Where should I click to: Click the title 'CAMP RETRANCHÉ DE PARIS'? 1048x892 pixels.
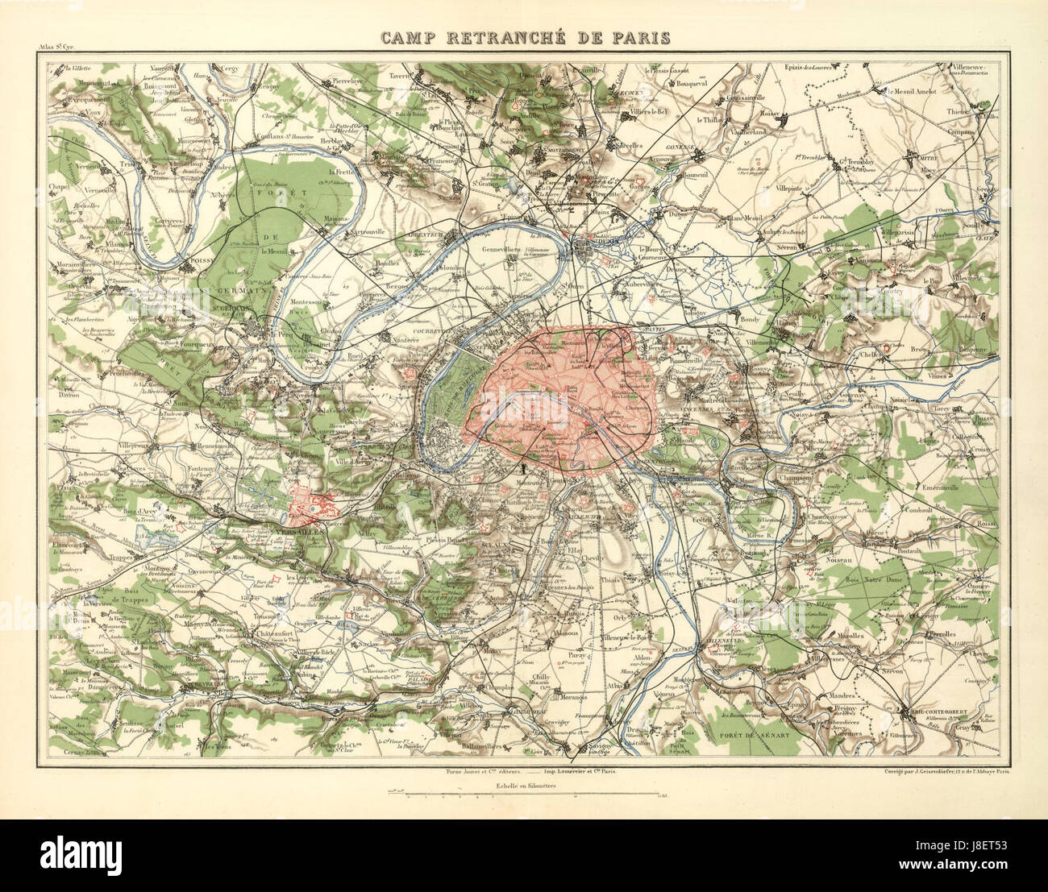coord(525,38)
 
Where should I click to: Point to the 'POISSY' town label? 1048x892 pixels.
coord(201,263)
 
